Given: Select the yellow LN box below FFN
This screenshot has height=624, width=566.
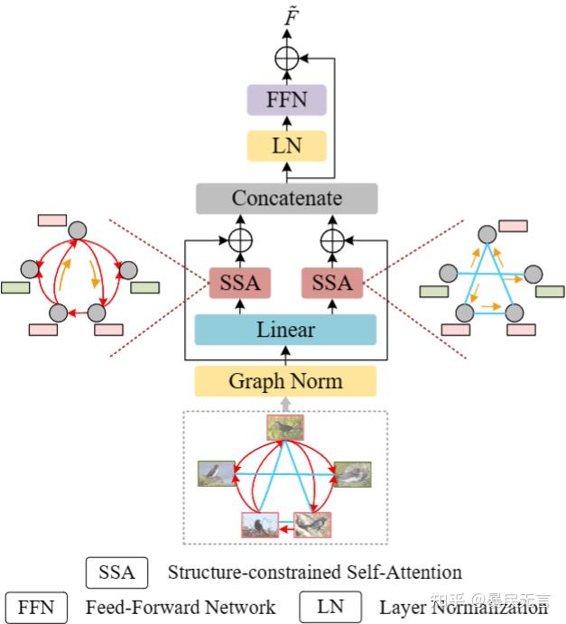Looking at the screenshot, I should [x=285, y=144].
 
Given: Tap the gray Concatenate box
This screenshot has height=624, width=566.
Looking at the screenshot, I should [x=285, y=198].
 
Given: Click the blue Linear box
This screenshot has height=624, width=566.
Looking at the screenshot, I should [x=285, y=329].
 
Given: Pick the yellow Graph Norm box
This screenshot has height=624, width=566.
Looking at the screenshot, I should [x=285, y=381].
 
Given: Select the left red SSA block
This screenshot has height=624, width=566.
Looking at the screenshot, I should [x=240, y=283].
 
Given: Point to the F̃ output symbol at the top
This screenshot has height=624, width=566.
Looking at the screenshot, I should [x=286, y=15].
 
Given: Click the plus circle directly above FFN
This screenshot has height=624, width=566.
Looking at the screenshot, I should [x=286, y=59].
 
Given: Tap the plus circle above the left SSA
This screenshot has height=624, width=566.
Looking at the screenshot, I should [x=240, y=241].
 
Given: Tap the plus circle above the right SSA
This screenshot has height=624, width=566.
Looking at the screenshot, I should [x=331, y=241].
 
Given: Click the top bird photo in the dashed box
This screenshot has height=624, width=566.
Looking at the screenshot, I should [x=285, y=427].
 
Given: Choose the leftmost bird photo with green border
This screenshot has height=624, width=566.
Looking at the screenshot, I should [x=217, y=473].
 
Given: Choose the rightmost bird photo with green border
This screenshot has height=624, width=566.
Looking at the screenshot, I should [x=352, y=473].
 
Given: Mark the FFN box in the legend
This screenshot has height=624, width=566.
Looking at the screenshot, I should [x=36, y=607].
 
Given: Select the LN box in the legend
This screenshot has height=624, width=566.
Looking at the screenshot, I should [x=330, y=607].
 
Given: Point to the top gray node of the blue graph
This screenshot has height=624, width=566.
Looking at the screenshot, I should [x=487, y=230].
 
